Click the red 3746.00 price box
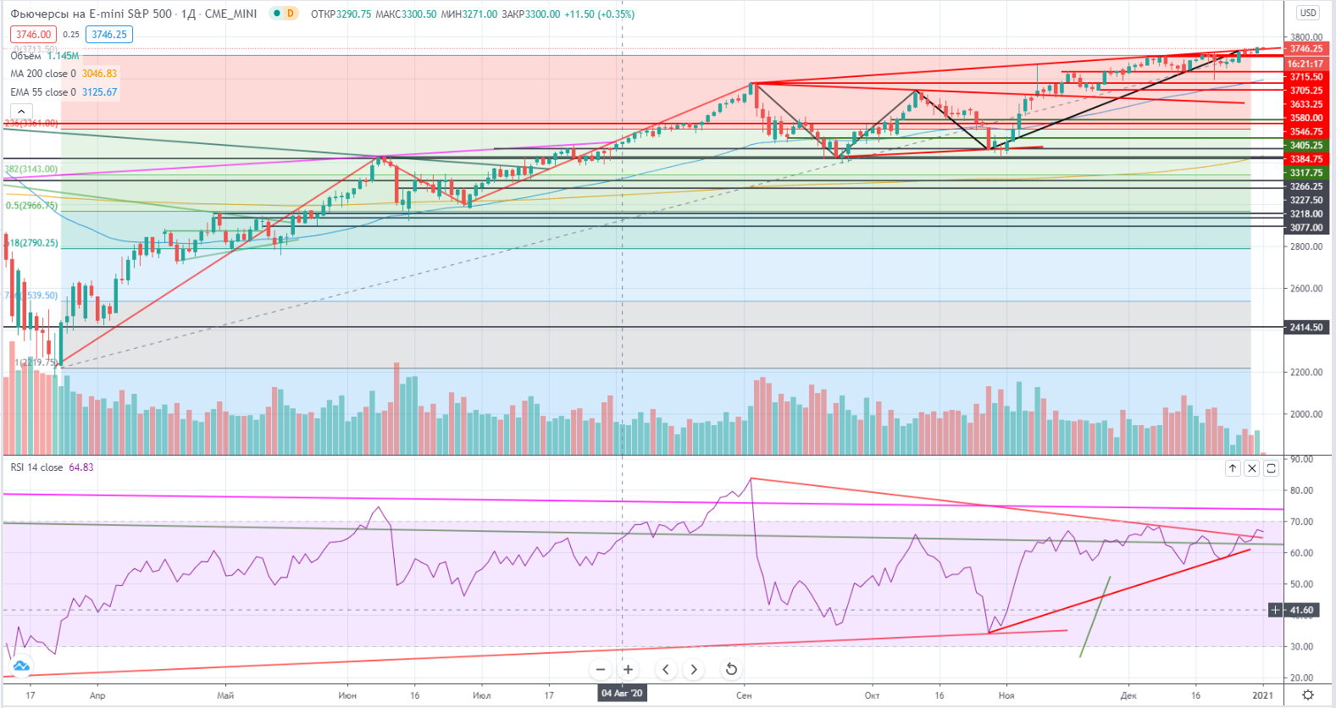click(x=33, y=35)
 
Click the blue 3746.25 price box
click(x=109, y=35)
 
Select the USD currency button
click(x=1308, y=13)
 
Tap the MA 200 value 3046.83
click(x=99, y=74)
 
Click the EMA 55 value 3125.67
click(x=99, y=92)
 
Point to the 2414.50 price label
click(x=1306, y=327)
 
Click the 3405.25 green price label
click(x=1306, y=146)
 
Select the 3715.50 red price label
click(x=1306, y=77)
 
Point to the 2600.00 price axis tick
click(x=1306, y=288)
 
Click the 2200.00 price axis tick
click(x=1306, y=372)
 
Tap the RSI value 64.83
click(x=81, y=467)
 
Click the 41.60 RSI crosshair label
click(x=1301, y=610)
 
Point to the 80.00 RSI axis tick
click(x=1301, y=490)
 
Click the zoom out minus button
click(x=601, y=669)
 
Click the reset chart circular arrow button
click(x=731, y=669)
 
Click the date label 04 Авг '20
click(x=622, y=694)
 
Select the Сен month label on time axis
click(x=744, y=695)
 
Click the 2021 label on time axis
click(x=1262, y=695)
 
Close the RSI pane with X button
click(x=1252, y=468)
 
